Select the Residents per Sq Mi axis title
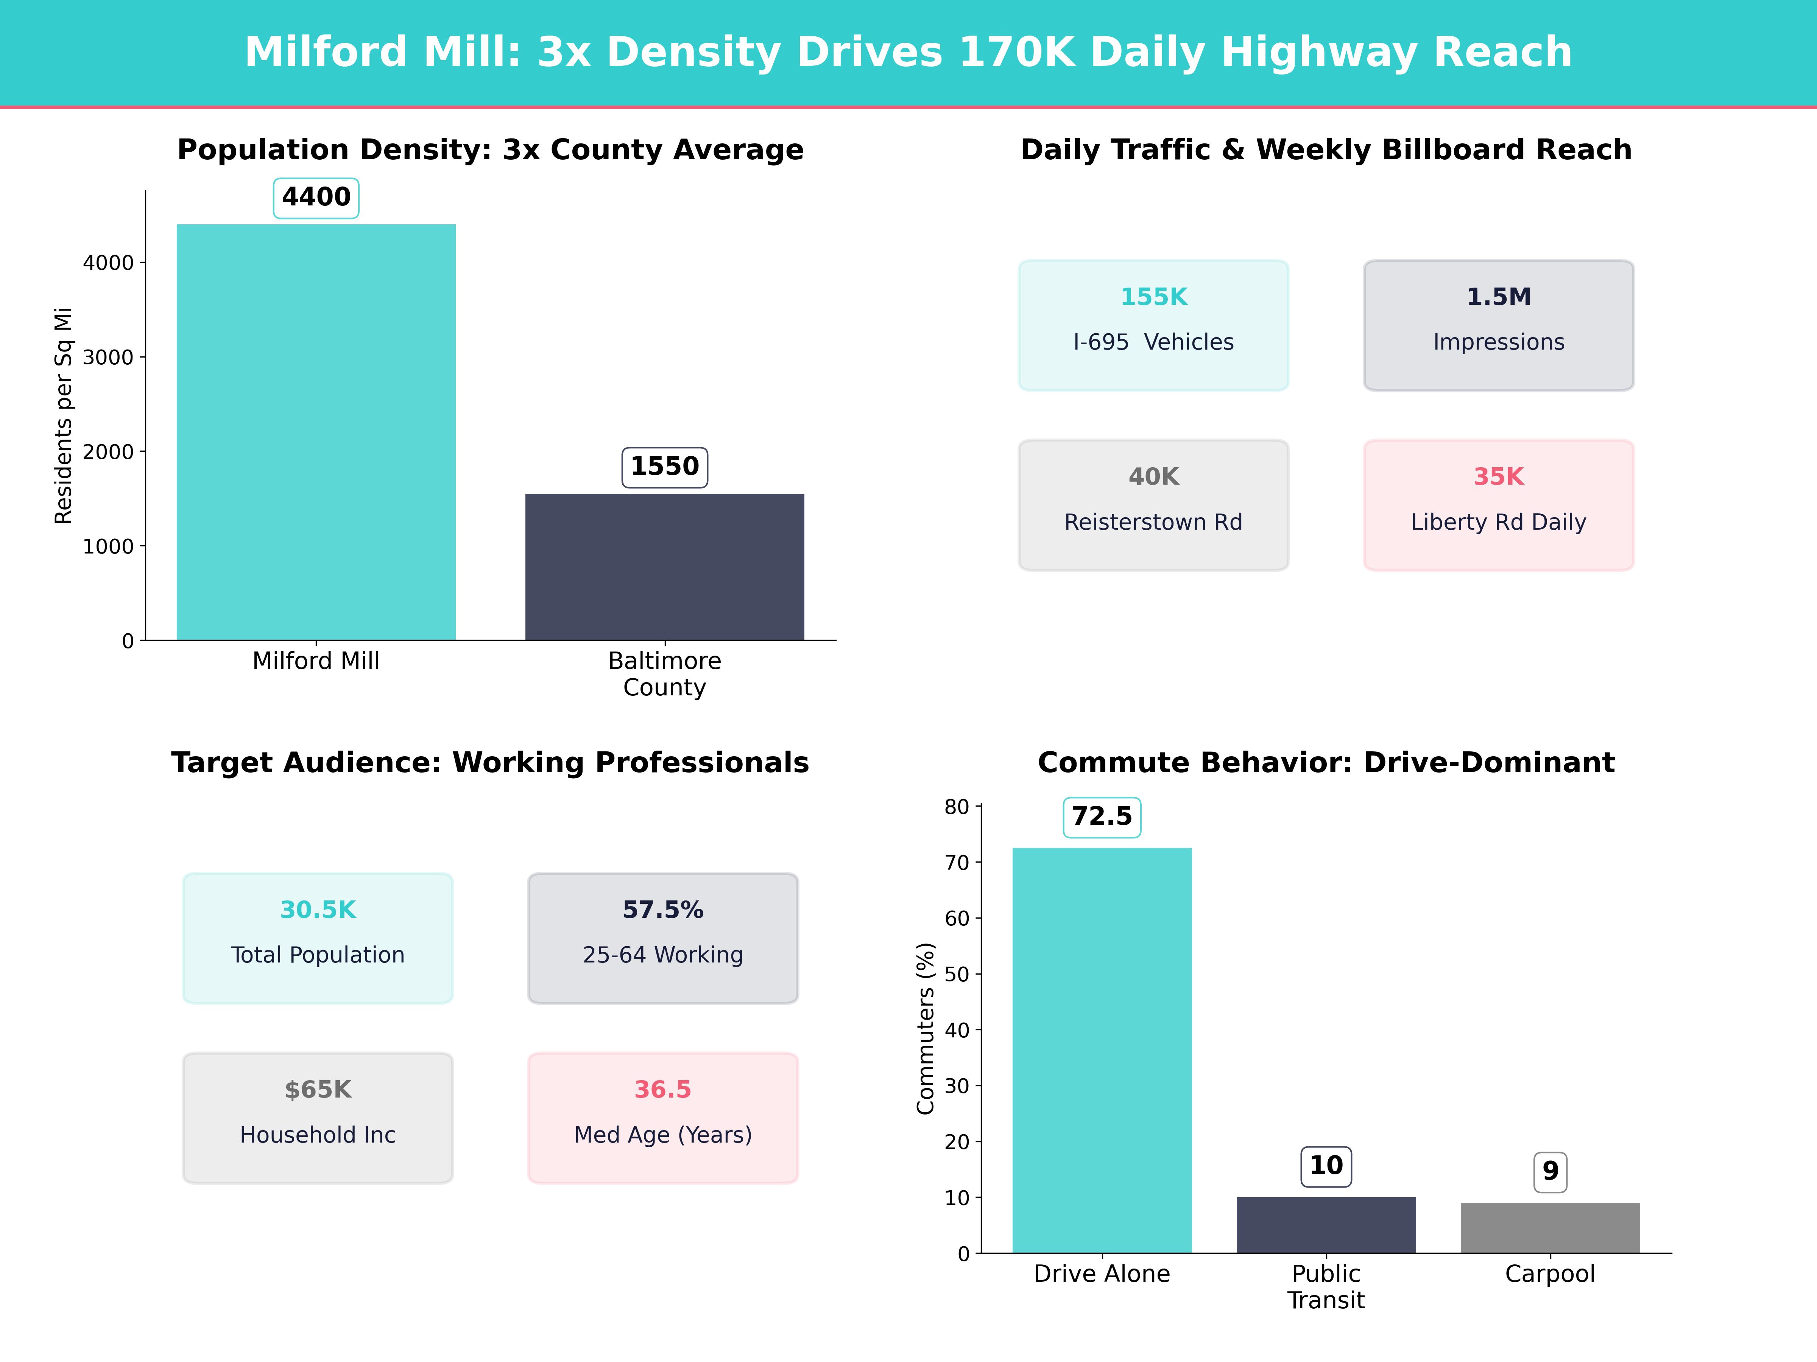pyautogui.click(x=63, y=415)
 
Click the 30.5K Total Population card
pyautogui.click(x=318, y=938)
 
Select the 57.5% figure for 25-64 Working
pyautogui.click(x=663, y=910)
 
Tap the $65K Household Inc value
pyautogui.click(x=318, y=1090)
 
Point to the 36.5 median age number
pyautogui.click(x=663, y=1090)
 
